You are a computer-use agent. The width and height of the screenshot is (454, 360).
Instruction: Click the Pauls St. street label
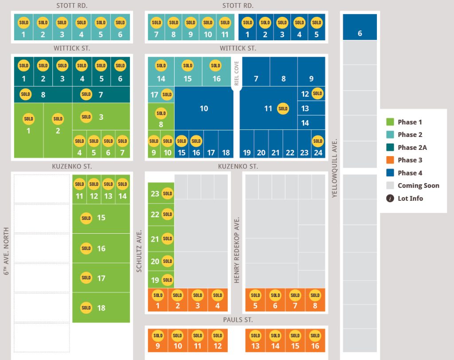[238, 320]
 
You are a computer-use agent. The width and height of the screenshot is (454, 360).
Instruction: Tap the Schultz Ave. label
[139, 251]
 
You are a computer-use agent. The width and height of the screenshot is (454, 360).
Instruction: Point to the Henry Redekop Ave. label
[237, 250]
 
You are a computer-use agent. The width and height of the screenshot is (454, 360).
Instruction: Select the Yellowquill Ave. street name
[334, 168]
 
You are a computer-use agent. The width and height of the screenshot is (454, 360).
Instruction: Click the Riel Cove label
[237, 73]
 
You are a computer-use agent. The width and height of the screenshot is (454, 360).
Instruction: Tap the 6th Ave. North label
[6, 251]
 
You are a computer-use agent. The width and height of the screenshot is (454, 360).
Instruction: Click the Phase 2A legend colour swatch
[390, 148]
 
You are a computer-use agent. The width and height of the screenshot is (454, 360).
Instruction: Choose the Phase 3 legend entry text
[410, 160]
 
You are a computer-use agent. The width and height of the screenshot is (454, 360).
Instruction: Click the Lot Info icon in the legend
[390, 198]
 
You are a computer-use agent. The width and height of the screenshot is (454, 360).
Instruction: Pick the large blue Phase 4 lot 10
[204, 108]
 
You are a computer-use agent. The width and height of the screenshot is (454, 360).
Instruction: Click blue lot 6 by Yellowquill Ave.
[360, 27]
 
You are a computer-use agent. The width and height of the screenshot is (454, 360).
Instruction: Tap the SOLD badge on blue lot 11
[283, 109]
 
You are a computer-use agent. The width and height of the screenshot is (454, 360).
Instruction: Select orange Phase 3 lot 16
[315, 340]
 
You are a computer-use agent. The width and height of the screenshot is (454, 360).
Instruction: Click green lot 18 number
[102, 308]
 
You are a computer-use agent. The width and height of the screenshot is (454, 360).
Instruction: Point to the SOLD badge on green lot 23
[167, 193]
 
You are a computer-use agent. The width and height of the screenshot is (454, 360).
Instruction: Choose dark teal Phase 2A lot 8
[43, 94]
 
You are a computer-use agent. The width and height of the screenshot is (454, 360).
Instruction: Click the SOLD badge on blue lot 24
[317, 141]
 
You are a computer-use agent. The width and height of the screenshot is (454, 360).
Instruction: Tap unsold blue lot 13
[311, 108]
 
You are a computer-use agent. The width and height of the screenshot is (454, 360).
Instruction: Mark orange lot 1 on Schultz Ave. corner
[158, 300]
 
